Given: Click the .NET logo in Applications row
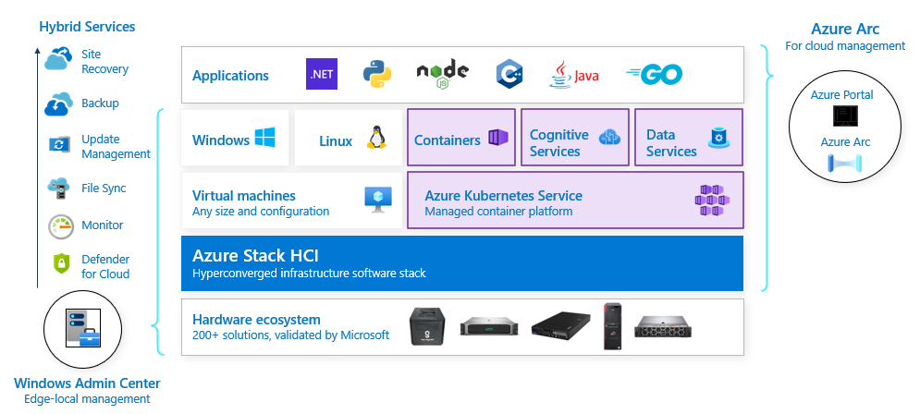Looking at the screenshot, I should (322, 75).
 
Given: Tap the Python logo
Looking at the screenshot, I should (375, 75).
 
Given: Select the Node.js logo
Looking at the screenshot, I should (442, 75).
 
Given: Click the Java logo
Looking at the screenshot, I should (574, 75).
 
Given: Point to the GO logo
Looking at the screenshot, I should (655, 75).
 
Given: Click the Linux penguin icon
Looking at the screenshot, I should (375, 139).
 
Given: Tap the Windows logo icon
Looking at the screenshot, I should (265, 139).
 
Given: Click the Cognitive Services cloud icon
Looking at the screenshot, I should (609, 139).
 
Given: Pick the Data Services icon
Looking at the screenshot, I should (718, 139).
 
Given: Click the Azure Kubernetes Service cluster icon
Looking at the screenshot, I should (712, 200).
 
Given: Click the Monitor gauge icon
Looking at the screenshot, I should (60, 225).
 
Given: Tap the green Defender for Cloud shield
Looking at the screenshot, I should (61, 264).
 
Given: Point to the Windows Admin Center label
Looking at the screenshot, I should (87, 384).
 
